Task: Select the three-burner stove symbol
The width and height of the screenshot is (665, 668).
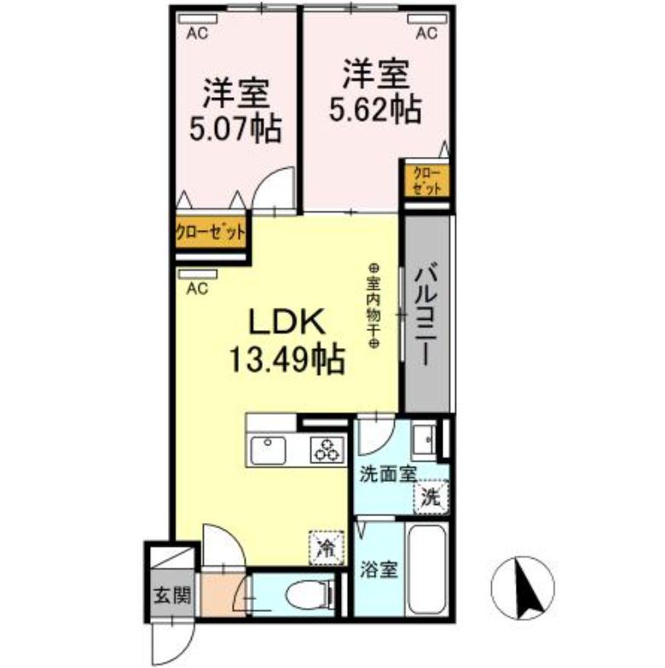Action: pos(327,447)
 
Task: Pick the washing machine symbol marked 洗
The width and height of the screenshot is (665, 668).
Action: pos(431,497)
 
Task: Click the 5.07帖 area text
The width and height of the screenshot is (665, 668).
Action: pos(235,129)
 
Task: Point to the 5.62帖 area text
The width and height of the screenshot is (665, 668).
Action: pos(375,108)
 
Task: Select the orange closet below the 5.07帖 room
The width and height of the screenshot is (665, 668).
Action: pos(211,232)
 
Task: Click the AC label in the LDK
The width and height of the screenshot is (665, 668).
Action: pos(197,288)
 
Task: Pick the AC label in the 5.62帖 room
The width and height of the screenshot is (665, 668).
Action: pos(425,33)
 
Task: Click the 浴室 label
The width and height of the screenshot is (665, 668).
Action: pos(379,570)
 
